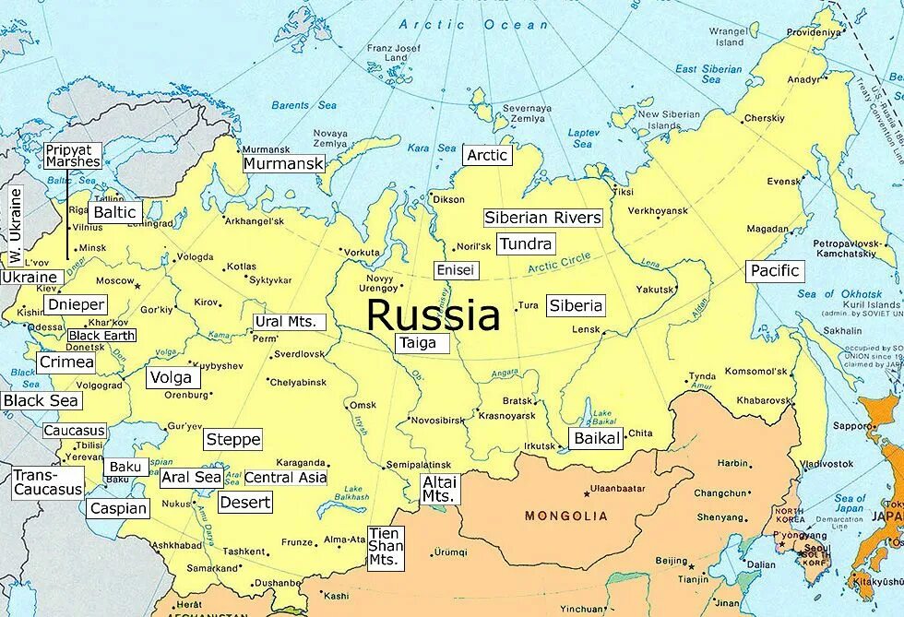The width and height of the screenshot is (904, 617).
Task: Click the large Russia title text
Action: tap(433, 315)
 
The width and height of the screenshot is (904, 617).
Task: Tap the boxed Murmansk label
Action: tap(284, 164)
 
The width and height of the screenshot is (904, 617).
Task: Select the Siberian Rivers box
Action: tap(543, 219)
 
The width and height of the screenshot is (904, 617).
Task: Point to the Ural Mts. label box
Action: tap(290, 322)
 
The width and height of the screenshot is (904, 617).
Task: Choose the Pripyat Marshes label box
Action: tap(73, 155)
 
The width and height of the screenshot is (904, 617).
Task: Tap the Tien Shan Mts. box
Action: tap(385, 547)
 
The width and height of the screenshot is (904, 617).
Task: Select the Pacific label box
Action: tap(775, 271)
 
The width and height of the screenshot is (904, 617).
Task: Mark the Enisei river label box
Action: tap(456, 270)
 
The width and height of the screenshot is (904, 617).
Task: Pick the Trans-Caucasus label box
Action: tap(48, 483)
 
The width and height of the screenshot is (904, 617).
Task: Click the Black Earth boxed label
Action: tap(101, 336)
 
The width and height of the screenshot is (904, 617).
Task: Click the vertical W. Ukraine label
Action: tap(15, 226)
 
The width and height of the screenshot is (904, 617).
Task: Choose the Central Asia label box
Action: tap(285, 478)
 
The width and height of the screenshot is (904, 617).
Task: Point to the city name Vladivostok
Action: tap(827, 463)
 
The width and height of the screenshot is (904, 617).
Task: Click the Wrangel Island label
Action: tap(728, 36)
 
